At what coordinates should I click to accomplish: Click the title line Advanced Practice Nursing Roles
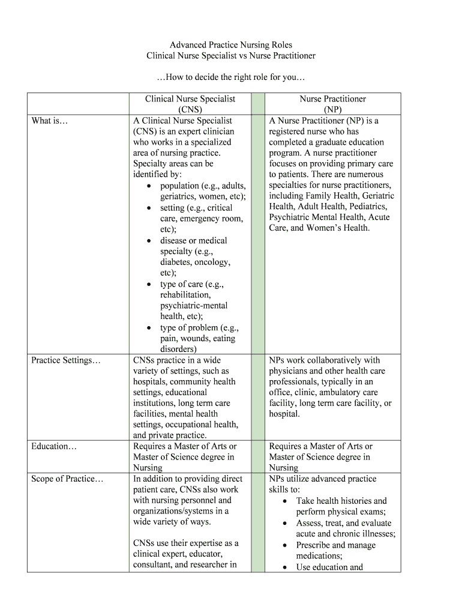tap(231, 45)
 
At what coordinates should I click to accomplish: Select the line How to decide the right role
tap(231, 77)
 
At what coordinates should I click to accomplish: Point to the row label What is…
tap(50, 121)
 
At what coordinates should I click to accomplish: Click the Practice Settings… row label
tap(66, 360)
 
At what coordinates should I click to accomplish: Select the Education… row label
tap(55, 446)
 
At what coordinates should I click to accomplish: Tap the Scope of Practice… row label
tap(67, 479)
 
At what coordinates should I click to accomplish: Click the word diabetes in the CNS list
tap(177, 262)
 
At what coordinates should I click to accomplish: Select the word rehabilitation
tap(185, 295)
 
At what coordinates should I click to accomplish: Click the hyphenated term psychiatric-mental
tap(194, 306)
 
